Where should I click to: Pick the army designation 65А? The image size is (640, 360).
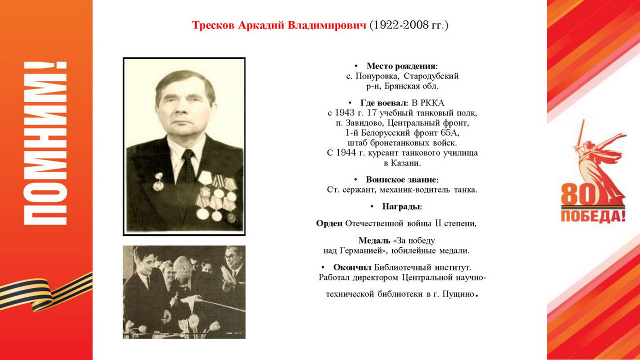click(450, 133)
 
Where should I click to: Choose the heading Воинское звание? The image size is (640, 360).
click(401, 179)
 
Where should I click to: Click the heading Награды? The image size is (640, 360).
click(401, 206)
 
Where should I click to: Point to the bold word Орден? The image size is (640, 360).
click(329, 223)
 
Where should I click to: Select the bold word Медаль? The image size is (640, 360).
click(374, 240)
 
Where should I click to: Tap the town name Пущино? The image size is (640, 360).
click(456, 294)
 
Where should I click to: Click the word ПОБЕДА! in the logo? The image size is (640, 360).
click(593, 216)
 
